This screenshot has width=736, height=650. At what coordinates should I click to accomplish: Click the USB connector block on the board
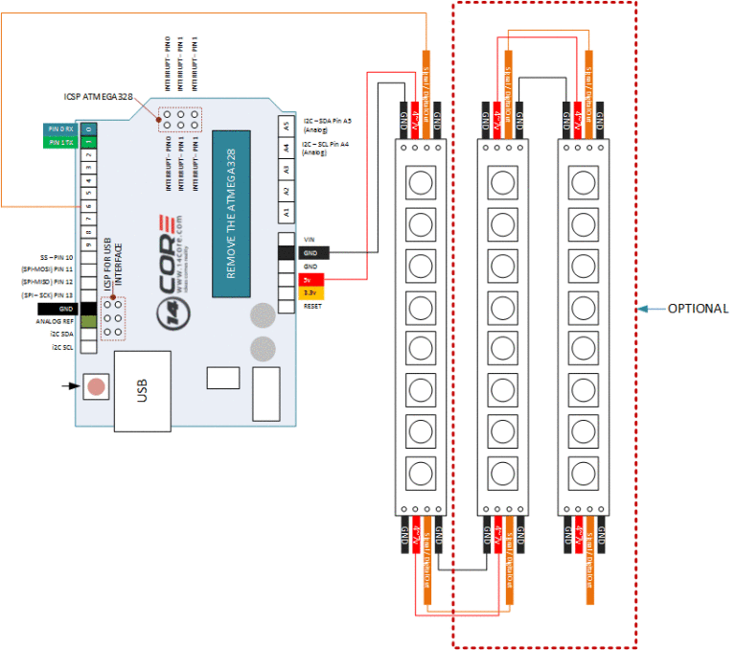(x=143, y=389)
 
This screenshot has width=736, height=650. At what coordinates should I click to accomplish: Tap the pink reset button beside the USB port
(x=96, y=386)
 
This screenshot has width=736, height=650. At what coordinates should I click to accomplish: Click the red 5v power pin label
(x=310, y=279)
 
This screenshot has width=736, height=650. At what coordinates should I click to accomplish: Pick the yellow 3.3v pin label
(x=310, y=291)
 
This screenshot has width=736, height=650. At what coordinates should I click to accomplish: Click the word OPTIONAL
(x=698, y=309)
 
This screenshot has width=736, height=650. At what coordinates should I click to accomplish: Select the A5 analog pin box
(x=285, y=125)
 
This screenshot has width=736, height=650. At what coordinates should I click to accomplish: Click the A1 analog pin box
(x=285, y=213)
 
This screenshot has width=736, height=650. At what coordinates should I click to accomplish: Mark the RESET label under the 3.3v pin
(x=311, y=305)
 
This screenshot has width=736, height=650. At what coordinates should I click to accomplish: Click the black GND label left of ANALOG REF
(x=57, y=309)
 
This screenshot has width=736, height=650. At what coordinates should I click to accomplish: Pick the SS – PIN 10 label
(x=57, y=258)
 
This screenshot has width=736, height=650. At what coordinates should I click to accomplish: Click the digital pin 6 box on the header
(x=88, y=205)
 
